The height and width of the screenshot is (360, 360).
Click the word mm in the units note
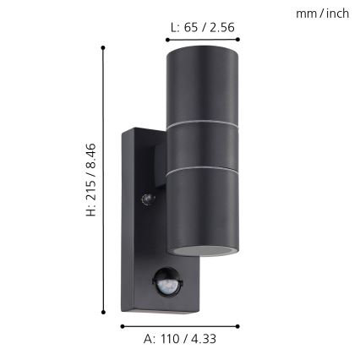[306, 14]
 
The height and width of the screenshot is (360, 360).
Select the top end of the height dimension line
[104, 47]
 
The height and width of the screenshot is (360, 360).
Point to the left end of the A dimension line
[122, 325]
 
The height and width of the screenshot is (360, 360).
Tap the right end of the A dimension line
[240, 325]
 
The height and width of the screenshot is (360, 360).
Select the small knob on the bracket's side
[149, 199]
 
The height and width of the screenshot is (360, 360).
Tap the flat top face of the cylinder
[202, 48]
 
